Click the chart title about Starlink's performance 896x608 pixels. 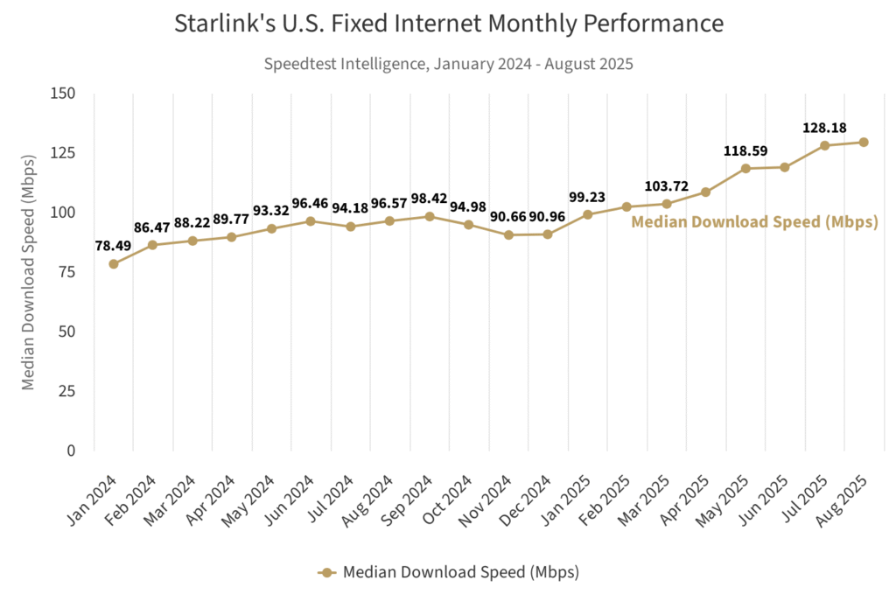449,24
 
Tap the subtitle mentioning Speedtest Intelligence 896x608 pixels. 448,63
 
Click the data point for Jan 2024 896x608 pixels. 114,263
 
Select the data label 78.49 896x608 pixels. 113,246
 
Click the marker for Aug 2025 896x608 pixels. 864,143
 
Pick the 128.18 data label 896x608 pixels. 824,129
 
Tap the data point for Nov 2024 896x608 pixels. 508,234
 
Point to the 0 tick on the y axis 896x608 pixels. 71,451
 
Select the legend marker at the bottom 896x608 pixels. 327,573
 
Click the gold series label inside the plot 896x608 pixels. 754,222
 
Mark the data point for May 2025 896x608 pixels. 745,169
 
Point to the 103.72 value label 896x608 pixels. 667,186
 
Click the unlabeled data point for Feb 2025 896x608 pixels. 626,207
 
